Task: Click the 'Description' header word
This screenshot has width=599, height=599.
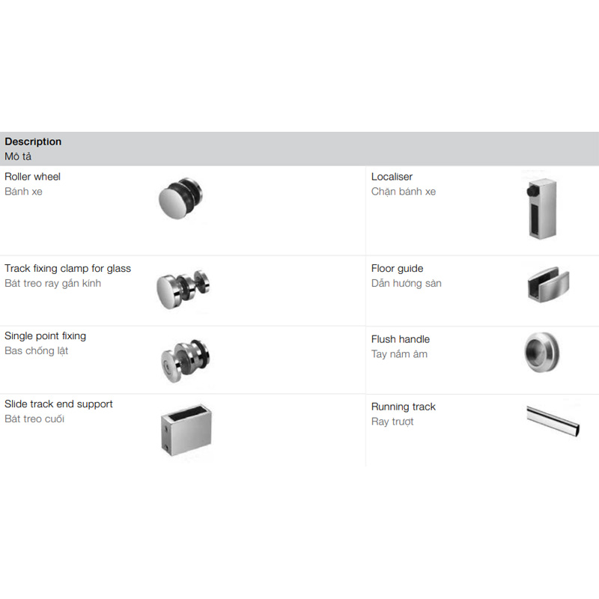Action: [x=33, y=142]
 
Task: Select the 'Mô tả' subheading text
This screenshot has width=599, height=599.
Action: [x=18, y=156]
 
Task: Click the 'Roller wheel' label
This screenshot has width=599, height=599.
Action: [x=32, y=177]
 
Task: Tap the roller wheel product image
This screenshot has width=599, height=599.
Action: [x=180, y=198]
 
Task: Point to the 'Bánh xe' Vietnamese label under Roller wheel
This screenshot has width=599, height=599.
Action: [x=23, y=192]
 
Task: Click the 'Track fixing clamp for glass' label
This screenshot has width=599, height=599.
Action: [x=67, y=269]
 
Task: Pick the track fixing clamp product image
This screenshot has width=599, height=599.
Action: [x=183, y=289]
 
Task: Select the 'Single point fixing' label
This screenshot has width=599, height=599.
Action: [x=45, y=336]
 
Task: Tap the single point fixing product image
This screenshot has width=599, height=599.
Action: [x=185, y=361]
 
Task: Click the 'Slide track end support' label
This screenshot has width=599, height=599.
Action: [x=58, y=404]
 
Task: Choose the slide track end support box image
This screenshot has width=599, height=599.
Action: [x=186, y=430]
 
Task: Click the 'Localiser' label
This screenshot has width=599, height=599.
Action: [x=392, y=177]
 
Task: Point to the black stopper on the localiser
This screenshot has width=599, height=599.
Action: [x=532, y=191]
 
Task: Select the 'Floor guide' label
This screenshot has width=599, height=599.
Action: [x=397, y=269]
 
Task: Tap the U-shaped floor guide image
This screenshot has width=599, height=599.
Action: [x=548, y=284]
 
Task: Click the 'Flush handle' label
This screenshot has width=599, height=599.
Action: [x=401, y=339]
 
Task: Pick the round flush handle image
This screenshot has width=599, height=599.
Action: [x=541, y=352]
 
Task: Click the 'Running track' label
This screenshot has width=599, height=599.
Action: [x=403, y=407]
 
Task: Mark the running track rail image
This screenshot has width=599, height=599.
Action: [x=553, y=421]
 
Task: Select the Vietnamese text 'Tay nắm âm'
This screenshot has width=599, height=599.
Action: [x=399, y=354]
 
